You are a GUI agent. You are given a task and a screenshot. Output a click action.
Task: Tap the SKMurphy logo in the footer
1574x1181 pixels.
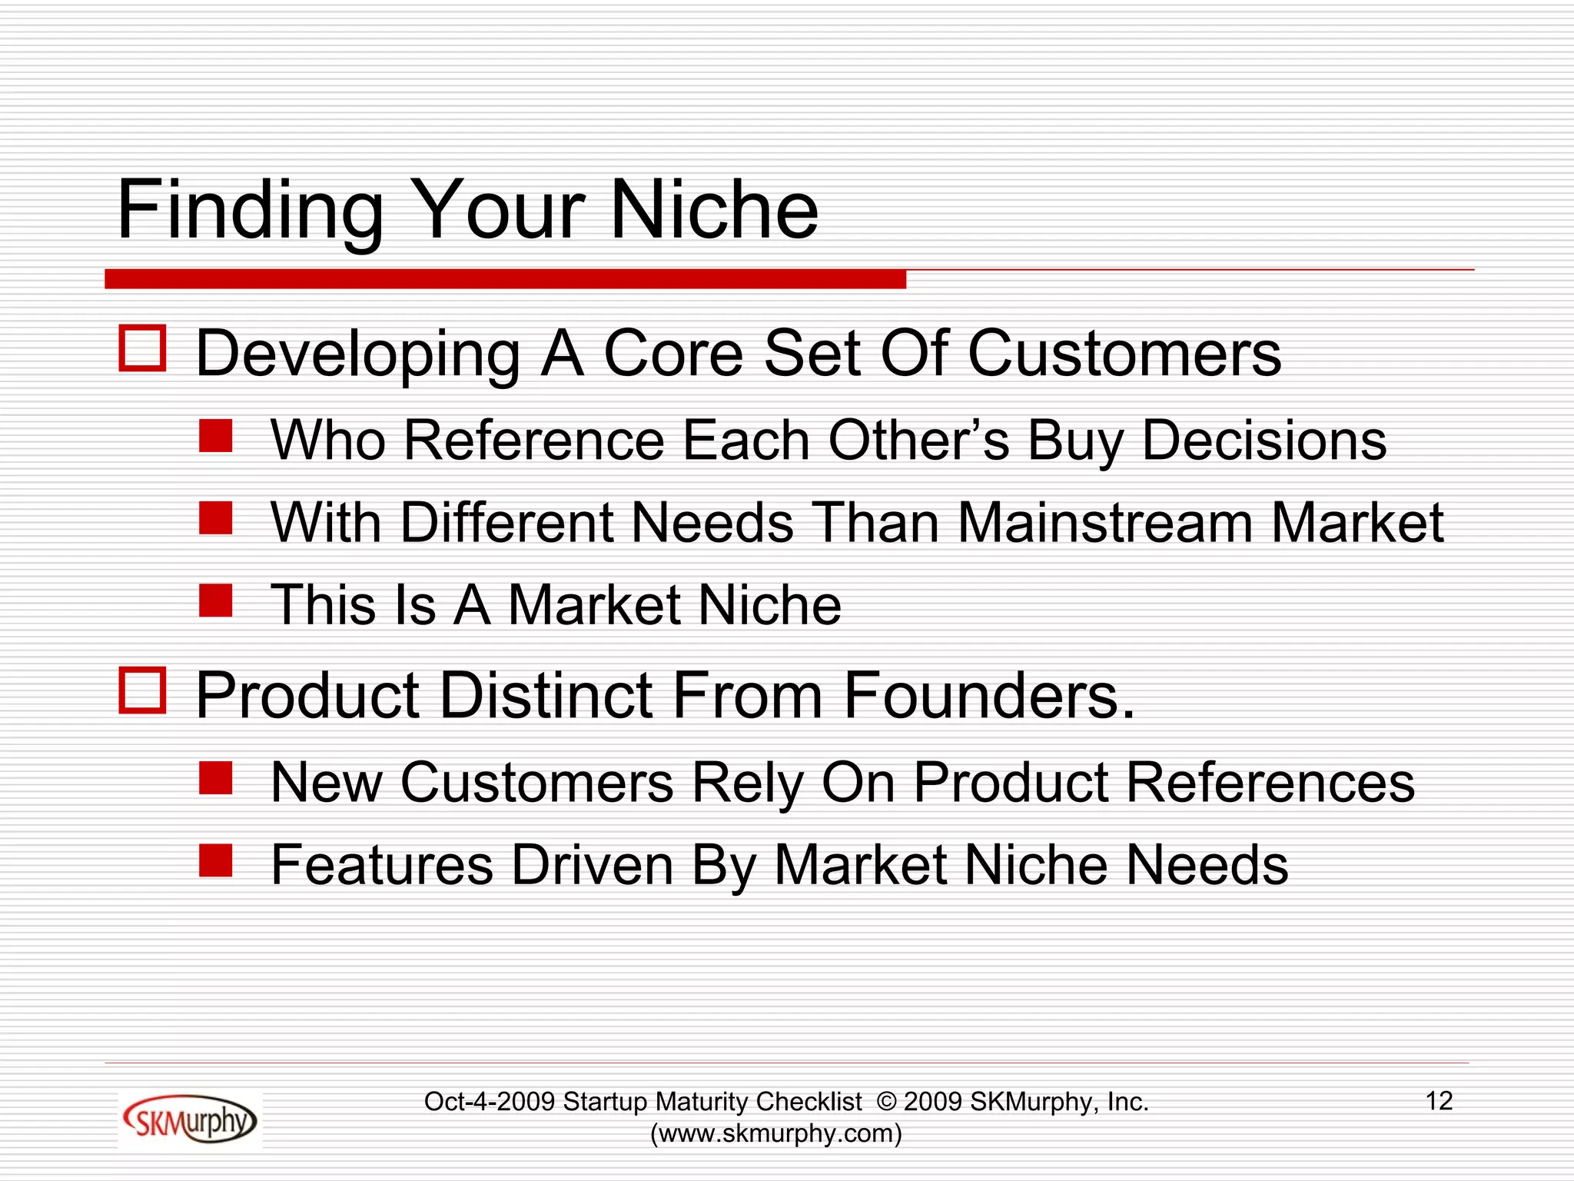189,1120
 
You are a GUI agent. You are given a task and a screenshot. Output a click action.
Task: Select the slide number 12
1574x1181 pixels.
1439,1101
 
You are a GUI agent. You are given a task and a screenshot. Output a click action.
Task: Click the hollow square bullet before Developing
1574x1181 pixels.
143,349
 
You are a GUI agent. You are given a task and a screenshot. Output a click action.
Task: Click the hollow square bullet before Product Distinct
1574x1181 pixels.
143,690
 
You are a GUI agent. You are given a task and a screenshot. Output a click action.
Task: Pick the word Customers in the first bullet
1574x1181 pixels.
1124,354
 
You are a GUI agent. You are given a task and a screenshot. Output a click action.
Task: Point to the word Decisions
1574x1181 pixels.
1264,441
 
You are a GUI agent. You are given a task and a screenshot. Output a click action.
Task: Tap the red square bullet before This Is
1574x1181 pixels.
215,600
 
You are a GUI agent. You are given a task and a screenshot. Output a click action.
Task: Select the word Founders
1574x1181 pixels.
989,695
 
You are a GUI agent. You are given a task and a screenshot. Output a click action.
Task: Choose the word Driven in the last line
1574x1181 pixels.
592,865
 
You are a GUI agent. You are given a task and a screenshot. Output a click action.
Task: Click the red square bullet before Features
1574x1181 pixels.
215,860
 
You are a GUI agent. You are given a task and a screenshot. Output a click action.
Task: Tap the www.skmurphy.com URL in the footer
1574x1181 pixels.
775,1134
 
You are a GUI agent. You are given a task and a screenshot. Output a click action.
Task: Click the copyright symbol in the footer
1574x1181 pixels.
886,1102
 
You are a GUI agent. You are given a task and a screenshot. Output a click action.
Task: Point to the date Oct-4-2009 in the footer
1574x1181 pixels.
490,1102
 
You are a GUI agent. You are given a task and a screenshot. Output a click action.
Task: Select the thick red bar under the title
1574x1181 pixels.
505,279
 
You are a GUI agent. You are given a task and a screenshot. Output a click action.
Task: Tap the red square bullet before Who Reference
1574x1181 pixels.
215,436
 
